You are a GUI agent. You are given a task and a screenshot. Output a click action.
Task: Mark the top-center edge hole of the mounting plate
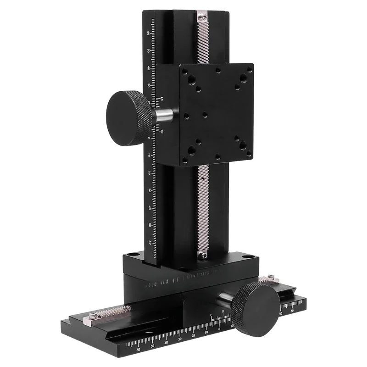tap(218, 70)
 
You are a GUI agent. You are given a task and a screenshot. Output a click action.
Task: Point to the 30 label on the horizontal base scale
tap(179, 339)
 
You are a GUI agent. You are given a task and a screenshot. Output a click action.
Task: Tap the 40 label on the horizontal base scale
tap(166, 342)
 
